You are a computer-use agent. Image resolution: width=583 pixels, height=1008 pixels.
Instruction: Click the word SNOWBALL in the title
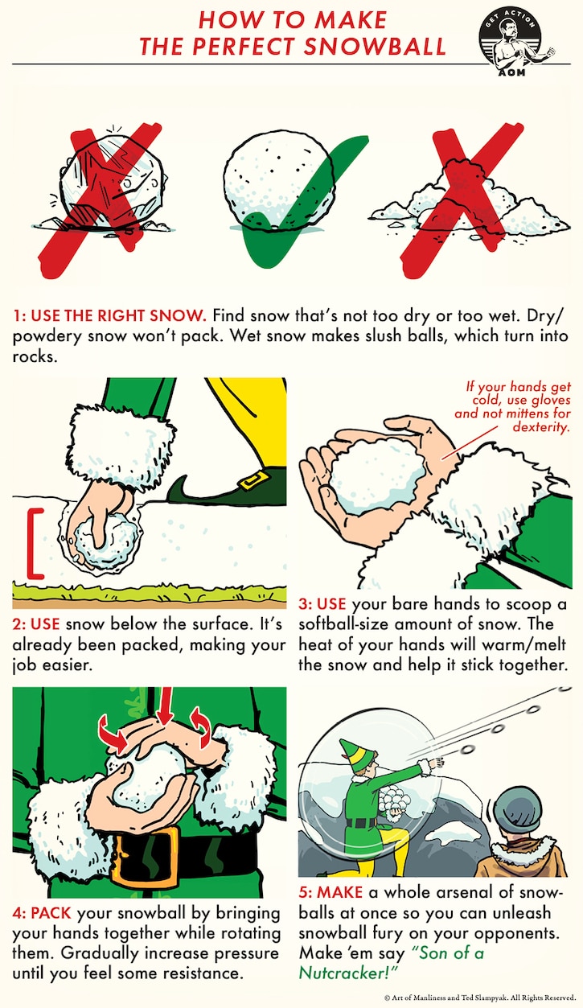coord(375,47)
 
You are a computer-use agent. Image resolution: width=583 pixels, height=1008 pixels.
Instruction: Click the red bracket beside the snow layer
coord(35,544)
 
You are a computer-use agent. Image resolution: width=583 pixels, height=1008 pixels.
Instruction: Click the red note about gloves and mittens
coord(513,407)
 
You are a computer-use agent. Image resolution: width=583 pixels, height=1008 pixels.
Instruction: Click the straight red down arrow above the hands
coord(165,706)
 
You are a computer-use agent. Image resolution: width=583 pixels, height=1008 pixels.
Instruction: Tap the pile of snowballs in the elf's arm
coord(394,802)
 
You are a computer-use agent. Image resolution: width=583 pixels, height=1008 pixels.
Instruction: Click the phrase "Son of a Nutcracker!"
coord(392,963)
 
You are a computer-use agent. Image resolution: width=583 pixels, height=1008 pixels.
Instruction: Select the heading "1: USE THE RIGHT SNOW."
coord(109,315)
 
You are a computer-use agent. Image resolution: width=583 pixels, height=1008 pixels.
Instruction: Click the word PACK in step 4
coord(51,912)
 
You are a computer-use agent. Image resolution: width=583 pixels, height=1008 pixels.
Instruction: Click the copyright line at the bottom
coord(480,998)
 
